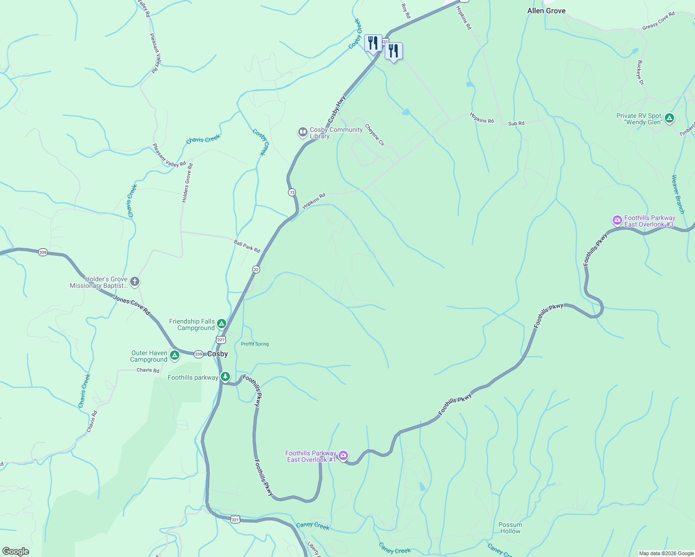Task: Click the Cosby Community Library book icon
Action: point(302,133)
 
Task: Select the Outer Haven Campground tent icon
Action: point(175,356)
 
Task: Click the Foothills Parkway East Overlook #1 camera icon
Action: point(343,456)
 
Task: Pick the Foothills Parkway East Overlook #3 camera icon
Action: point(617,220)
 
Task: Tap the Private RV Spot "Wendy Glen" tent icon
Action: point(669,118)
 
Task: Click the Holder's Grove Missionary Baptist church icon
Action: point(135,282)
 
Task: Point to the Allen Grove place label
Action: point(546,11)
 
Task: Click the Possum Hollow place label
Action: point(510,528)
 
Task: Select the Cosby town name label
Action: point(217,354)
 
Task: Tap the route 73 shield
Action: point(292,192)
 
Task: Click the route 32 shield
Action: point(256,269)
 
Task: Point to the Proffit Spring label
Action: point(255,344)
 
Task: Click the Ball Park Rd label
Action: point(247,246)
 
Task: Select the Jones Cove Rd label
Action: point(132,306)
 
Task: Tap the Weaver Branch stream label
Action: point(678,194)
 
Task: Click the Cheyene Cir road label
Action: point(374,135)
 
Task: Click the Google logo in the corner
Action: point(16,551)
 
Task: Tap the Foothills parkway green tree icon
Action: point(225,376)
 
